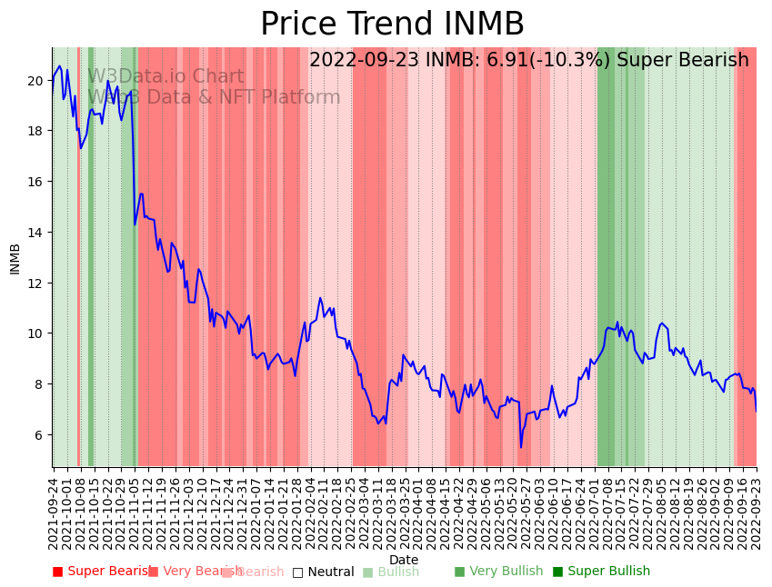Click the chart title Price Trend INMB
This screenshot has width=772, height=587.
(x=392, y=25)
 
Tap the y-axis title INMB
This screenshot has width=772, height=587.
(x=15, y=258)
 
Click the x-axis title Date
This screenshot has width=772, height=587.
(x=404, y=560)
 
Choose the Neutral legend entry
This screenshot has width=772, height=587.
(x=323, y=572)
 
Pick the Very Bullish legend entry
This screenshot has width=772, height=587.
(x=498, y=572)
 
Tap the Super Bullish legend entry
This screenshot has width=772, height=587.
(x=601, y=572)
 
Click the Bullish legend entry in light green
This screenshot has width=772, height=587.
(x=391, y=572)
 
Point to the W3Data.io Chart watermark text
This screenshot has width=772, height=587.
(x=165, y=77)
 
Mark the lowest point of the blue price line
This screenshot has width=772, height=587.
(x=521, y=447)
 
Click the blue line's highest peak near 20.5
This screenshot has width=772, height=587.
(x=60, y=66)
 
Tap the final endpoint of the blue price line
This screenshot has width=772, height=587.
(x=756, y=411)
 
